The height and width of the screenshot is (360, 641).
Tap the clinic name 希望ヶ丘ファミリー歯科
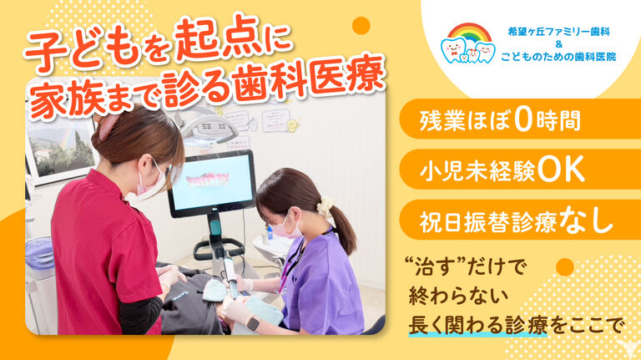click(558, 32)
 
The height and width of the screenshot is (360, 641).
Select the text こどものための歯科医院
click(558, 57)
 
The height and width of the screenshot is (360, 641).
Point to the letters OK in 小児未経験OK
click(561, 169)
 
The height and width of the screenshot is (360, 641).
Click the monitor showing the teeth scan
click(212, 183)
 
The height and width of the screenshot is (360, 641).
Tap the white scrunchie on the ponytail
click(326, 207)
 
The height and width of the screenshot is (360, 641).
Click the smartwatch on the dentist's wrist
click(253, 323)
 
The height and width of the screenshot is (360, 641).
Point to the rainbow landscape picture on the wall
click(61, 149)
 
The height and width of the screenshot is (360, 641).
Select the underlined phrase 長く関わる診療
click(478, 325)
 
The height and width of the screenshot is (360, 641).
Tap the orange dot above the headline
click(361, 26)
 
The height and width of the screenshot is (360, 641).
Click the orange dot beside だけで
click(565, 267)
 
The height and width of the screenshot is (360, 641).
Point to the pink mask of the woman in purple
click(284, 230)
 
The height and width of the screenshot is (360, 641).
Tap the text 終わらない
click(459, 297)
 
